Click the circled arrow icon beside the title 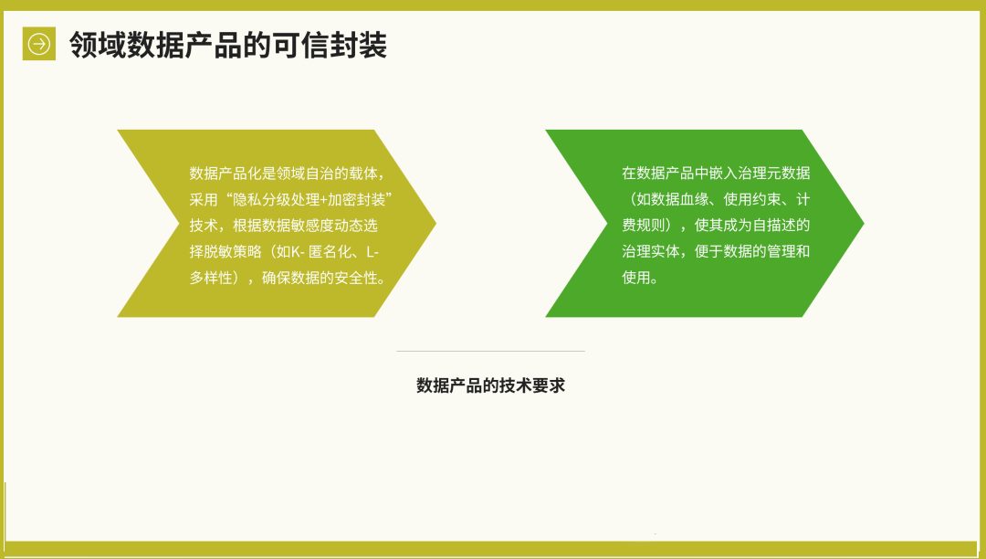pyautogui.click(x=39, y=44)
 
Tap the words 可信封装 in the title pyautogui.click(x=330, y=45)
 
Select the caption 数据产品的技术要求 pyautogui.click(x=490, y=385)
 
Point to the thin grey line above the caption pyautogui.click(x=490, y=351)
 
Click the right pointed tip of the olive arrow pyautogui.click(x=435, y=223)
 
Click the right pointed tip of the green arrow pyautogui.click(x=864, y=223)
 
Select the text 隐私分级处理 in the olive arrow pyautogui.click(x=277, y=200)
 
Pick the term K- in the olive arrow pyautogui.click(x=298, y=252)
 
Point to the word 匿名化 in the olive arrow pyautogui.click(x=330, y=252)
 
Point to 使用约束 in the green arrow pyautogui.click(x=752, y=199)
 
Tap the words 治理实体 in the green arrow pyautogui.click(x=651, y=251)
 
